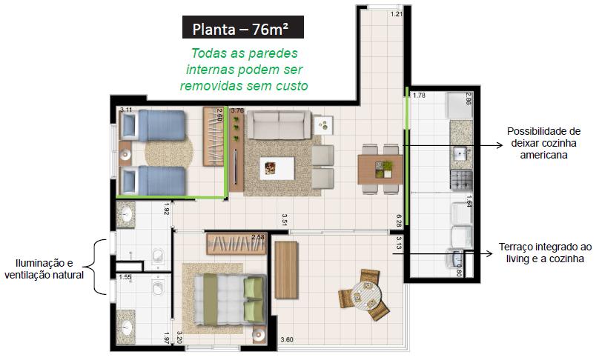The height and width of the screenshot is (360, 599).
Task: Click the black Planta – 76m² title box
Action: pos(243,27)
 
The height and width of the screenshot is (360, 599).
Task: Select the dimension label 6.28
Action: pos(399,221)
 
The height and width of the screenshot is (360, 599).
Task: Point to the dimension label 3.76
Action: pos(237,110)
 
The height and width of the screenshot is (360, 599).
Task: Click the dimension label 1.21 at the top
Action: pos(397,14)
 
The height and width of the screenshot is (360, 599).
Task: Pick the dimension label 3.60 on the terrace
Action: pos(287,340)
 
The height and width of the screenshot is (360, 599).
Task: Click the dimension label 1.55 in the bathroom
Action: pos(125,277)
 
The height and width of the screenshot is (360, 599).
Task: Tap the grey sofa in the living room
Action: pos(279,125)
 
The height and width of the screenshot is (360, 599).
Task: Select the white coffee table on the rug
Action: pos(277,168)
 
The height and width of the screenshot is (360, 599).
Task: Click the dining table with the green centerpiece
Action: pos(380,170)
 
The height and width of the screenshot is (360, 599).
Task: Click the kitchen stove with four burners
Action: pos(461,180)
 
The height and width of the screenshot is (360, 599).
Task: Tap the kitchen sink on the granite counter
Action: pos(460,154)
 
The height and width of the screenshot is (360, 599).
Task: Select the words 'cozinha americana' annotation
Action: pos(543,149)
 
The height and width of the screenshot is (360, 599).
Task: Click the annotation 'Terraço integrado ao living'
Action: pos(545,253)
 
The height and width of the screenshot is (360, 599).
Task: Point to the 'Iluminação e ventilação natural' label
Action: pos(44,269)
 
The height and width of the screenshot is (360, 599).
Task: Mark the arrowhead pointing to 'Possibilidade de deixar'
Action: pos(500,145)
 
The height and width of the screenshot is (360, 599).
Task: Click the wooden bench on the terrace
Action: pos(286,270)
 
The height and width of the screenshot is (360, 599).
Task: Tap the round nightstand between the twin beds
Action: pos(125,154)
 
